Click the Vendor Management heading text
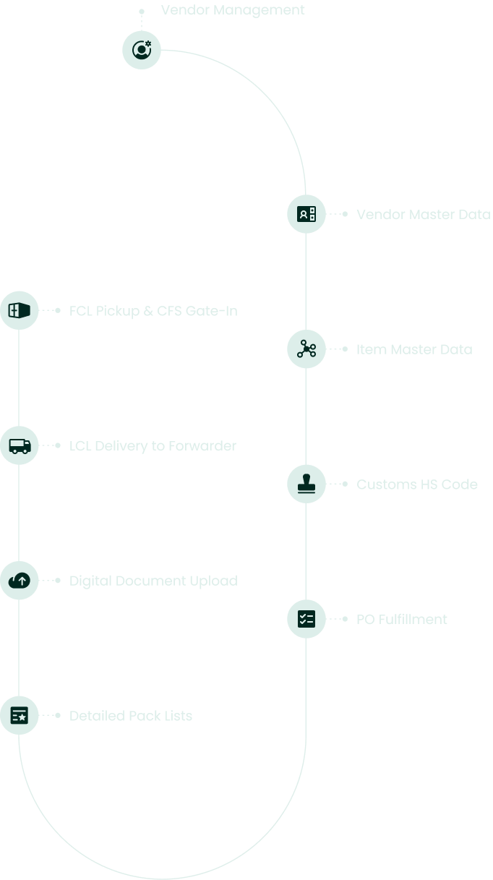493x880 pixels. coord(233,10)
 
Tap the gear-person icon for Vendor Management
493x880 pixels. coord(142,50)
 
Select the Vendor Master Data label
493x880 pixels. coord(423,215)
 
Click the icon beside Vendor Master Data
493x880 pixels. coord(306,214)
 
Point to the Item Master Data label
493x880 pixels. coord(413,349)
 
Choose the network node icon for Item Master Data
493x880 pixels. coord(306,349)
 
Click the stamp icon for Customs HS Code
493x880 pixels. coord(306,484)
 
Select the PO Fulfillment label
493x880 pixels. coord(401,620)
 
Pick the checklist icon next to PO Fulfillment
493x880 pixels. coord(306,619)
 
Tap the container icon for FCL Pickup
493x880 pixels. coord(19,311)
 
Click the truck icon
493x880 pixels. coord(20,445)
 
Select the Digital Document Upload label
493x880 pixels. coord(153,581)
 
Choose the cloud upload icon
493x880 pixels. coord(20,580)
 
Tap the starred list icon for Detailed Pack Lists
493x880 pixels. coord(20,715)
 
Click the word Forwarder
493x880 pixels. coord(202,446)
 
